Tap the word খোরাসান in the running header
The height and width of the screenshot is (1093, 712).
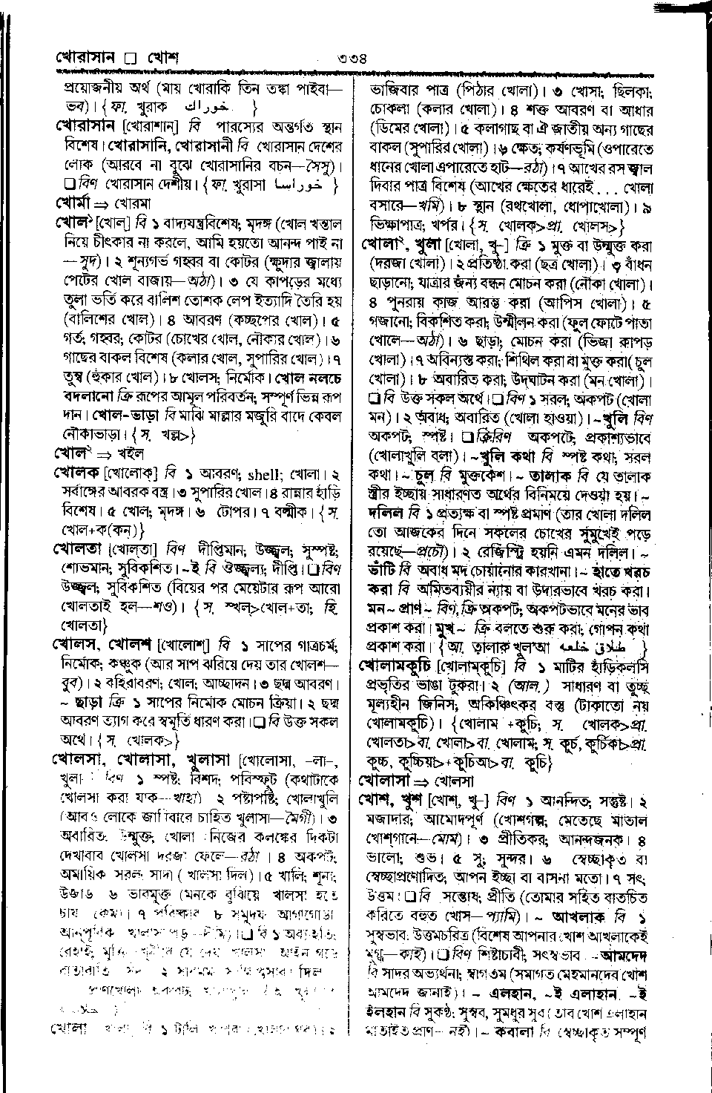[x=89, y=58]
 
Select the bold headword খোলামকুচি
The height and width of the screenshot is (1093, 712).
[x=397, y=664]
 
